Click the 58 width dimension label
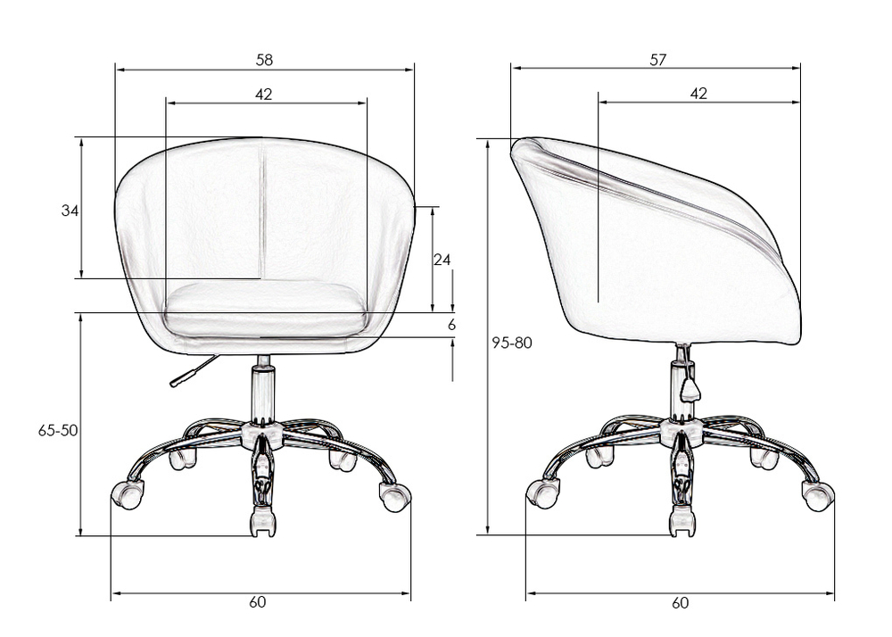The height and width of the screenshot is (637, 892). (x=264, y=60)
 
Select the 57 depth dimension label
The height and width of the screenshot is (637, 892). (x=657, y=60)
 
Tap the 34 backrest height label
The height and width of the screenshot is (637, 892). (x=70, y=211)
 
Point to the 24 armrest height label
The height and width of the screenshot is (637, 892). (x=442, y=260)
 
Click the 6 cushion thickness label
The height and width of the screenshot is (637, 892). (x=451, y=325)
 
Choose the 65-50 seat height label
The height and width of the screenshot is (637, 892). (x=58, y=431)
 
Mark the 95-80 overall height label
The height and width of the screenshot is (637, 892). (x=512, y=343)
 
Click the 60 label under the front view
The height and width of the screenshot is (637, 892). (x=257, y=601)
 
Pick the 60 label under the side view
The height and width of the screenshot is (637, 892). (x=680, y=602)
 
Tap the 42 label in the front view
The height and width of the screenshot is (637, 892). (x=263, y=94)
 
